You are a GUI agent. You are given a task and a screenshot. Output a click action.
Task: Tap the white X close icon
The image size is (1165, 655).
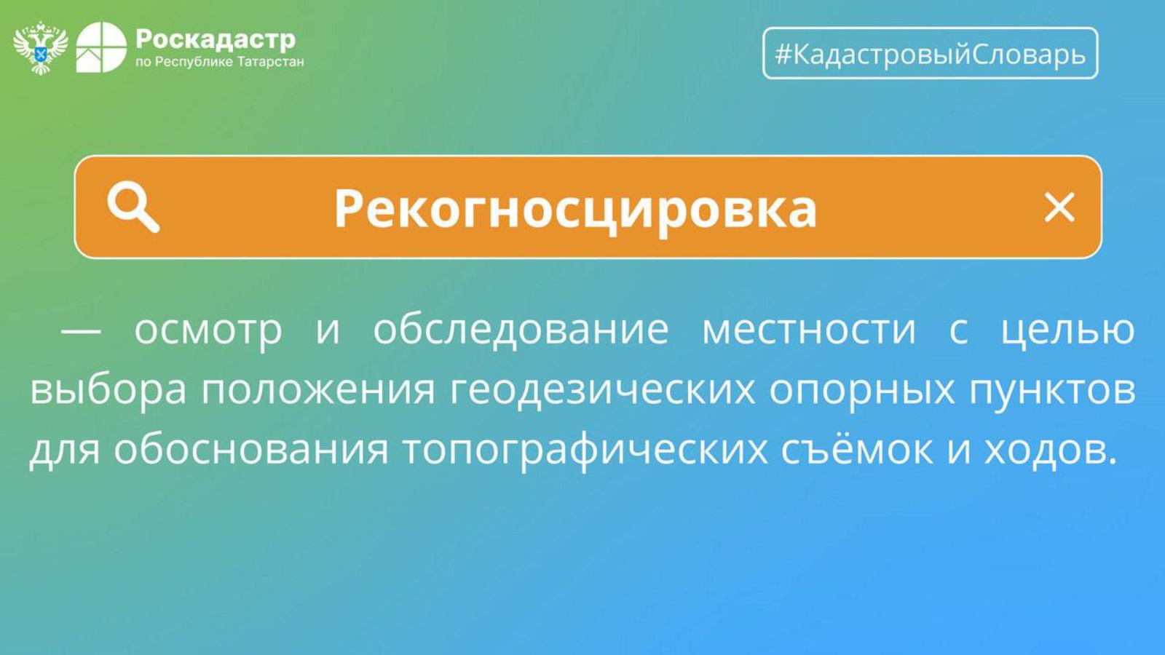click(x=1059, y=207)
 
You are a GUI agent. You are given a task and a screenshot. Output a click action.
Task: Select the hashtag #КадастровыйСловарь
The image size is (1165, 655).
click(x=930, y=54)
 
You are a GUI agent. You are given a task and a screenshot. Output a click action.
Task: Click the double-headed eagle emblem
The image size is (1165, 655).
click(x=41, y=48)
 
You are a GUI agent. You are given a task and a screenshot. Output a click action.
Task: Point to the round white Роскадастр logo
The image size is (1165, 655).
click(x=101, y=47)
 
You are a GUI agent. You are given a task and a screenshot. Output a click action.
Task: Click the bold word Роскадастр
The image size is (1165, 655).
click(x=216, y=39)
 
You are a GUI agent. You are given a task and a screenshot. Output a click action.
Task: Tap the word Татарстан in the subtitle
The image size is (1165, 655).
click(x=270, y=63)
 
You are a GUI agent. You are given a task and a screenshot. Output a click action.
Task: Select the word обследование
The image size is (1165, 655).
click(x=521, y=330)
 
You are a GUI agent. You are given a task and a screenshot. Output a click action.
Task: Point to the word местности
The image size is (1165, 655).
click(x=809, y=330)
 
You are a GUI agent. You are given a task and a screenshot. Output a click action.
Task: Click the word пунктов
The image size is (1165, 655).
click(x=1051, y=390)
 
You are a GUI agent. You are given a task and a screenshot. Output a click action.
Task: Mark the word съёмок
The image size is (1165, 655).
click(x=856, y=448)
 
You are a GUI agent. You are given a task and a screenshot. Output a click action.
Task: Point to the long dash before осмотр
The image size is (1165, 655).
click(x=81, y=330)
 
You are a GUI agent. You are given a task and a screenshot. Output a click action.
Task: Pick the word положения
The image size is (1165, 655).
click(x=317, y=391)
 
